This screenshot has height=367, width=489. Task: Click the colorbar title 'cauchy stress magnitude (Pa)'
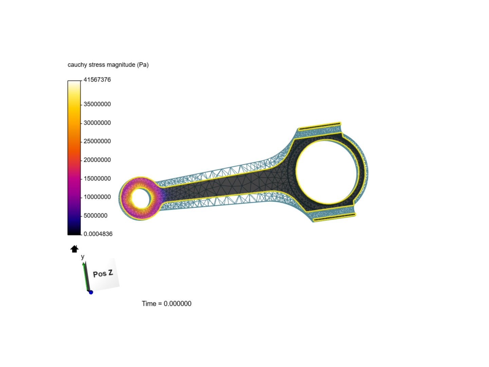108,65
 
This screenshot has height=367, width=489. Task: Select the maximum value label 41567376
97,80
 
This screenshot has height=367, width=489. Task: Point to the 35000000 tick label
97,104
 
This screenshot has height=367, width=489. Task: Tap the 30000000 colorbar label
97,123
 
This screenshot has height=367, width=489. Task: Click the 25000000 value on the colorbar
97,141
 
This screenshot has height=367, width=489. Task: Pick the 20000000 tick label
97,160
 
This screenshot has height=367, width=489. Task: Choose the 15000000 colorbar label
97,178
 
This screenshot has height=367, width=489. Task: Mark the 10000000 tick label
97,197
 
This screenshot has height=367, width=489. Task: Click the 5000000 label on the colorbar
95,215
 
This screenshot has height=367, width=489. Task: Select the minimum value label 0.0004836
98,234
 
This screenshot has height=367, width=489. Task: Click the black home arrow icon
74,249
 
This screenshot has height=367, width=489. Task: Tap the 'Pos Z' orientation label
103,274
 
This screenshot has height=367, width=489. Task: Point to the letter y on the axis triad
83,257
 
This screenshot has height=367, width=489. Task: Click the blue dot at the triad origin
91,292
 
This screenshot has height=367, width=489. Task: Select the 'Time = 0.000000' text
166,303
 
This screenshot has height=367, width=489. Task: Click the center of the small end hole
141,198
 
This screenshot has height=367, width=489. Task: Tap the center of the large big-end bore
326,172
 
